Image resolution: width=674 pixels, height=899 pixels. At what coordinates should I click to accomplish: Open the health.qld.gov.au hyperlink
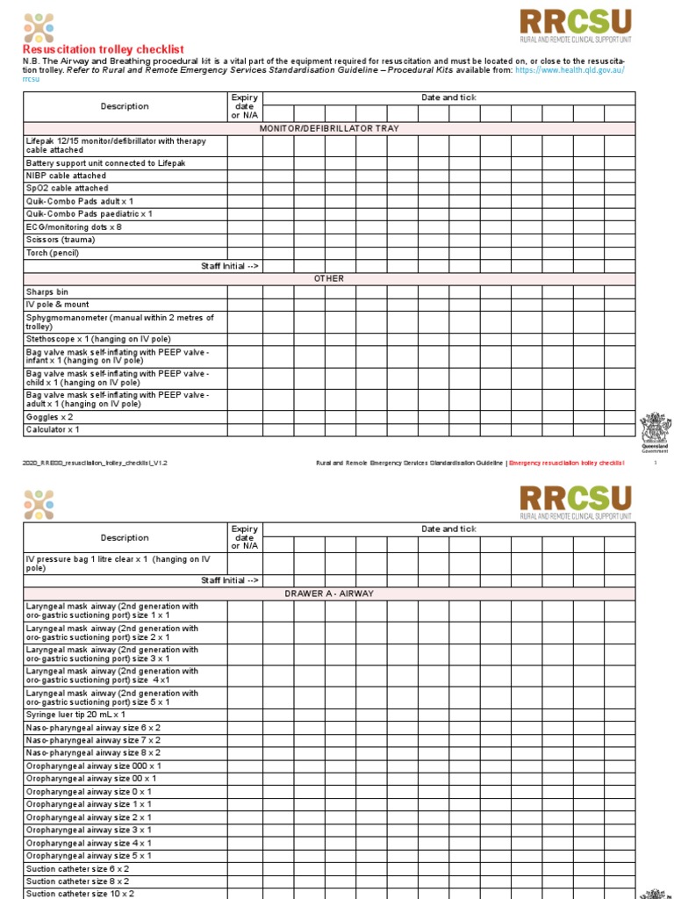tap(570, 69)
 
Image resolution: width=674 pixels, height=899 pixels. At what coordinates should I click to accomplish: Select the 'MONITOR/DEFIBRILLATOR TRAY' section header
tap(328, 128)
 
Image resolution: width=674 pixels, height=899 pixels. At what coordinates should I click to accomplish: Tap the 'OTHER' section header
tap(328, 278)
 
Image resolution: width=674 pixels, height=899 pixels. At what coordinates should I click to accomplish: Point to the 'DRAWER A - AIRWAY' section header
tap(328, 593)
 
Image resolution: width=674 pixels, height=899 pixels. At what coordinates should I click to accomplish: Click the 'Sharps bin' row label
tap(47, 291)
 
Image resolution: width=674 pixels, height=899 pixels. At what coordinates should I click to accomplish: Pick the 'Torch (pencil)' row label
tap(53, 253)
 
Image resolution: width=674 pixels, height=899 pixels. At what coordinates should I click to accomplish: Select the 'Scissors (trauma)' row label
tap(61, 240)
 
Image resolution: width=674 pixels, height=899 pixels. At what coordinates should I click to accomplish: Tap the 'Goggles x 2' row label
tap(50, 417)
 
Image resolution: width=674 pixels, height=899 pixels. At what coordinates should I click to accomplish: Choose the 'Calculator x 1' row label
tap(53, 429)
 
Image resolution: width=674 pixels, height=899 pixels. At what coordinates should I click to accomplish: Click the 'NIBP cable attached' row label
tap(66, 176)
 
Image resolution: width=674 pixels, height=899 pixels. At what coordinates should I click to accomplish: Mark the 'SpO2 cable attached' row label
tap(68, 188)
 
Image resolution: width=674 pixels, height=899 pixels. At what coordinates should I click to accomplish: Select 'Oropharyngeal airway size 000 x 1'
tap(93, 766)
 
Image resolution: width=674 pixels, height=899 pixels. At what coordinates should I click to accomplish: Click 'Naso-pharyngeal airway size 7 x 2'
tap(93, 740)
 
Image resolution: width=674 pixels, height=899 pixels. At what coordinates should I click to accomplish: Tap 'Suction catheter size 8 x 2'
tap(78, 881)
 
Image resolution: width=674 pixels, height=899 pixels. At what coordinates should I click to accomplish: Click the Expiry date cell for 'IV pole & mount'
tap(245, 304)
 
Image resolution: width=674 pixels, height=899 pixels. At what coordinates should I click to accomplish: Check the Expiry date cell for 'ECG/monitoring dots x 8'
tap(245, 227)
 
